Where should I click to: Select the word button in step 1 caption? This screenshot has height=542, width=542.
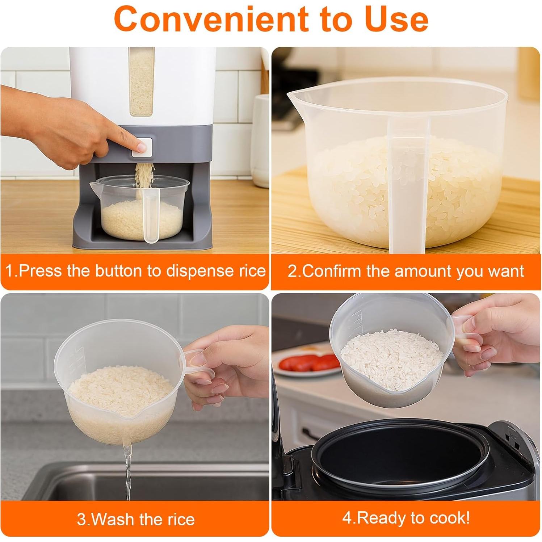tap(119, 271)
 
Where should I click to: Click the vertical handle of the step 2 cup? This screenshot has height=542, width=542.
tap(407, 188)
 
